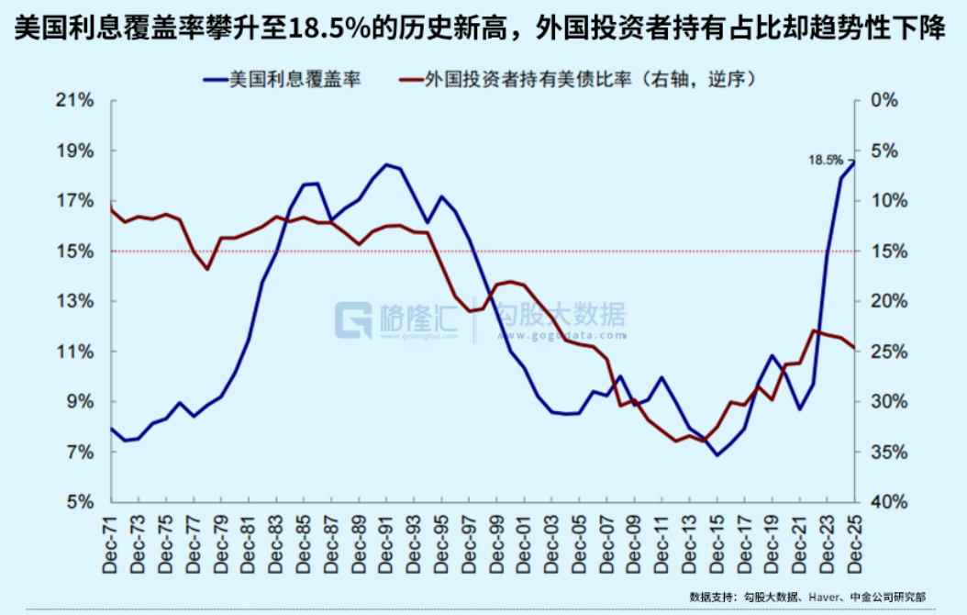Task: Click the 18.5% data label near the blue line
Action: (825, 160)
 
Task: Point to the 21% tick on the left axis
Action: (77, 100)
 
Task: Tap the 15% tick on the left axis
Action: (77, 252)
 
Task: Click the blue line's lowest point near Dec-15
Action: (717, 454)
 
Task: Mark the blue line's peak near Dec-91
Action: (386, 164)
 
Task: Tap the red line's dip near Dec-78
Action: (207, 269)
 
